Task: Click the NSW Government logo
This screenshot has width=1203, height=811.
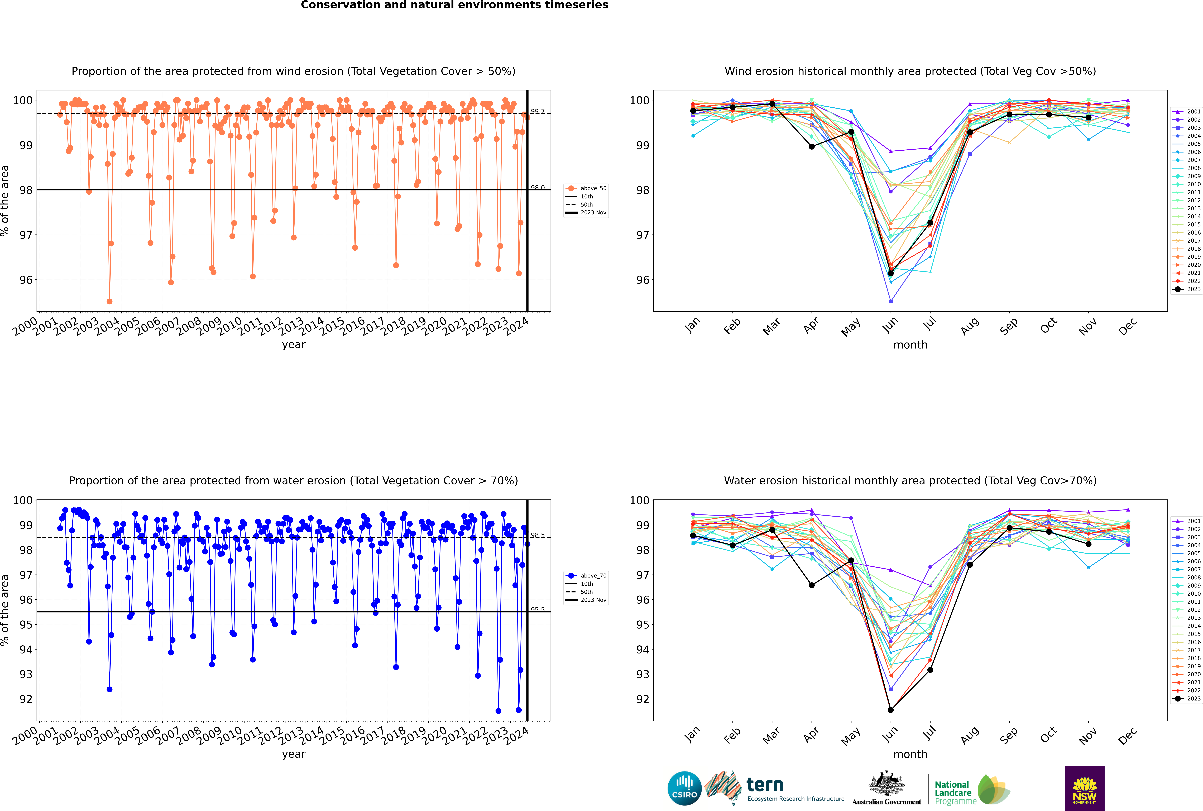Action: click(x=1085, y=788)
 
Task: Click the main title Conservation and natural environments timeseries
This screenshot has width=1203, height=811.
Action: click(x=454, y=5)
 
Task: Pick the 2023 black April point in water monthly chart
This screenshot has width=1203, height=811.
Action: click(x=812, y=585)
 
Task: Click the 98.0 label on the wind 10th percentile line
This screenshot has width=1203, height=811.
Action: click(x=537, y=188)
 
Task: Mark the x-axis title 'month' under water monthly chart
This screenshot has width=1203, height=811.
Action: click(x=910, y=754)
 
